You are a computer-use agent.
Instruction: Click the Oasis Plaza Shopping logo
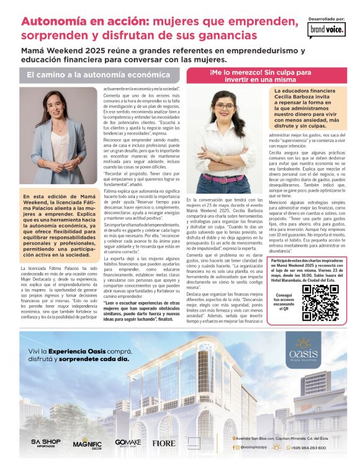(x=304, y=348)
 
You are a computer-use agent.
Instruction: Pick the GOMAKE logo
(x=128, y=443)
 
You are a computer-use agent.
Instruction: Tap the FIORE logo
(x=164, y=443)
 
